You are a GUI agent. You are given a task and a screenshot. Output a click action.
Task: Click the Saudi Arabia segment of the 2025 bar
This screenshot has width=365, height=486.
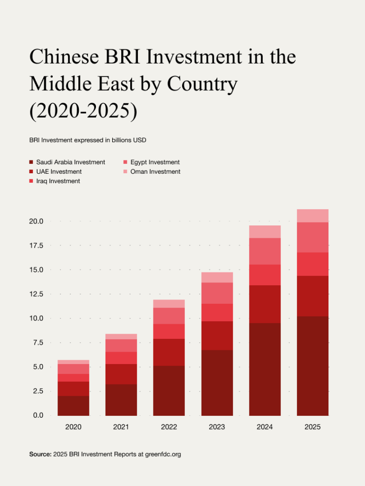click(312, 365)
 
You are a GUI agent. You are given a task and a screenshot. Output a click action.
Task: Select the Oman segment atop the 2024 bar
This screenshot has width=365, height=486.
click(265, 232)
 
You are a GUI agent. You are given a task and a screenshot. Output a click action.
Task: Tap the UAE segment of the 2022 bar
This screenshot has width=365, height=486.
click(169, 352)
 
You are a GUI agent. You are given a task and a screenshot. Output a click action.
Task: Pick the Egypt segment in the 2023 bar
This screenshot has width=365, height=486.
click(217, 293)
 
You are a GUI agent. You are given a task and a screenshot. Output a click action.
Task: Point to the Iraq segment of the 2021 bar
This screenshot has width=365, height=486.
click(121, 358)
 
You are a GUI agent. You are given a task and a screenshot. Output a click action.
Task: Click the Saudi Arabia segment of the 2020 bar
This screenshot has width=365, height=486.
click(73, 406)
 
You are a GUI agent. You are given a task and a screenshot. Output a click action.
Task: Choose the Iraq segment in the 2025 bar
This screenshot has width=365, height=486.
click(312, 264)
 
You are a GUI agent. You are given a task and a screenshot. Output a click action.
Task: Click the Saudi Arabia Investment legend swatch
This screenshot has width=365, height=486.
click(31, 162)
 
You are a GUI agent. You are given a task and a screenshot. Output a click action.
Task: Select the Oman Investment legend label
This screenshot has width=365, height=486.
click(155, 172)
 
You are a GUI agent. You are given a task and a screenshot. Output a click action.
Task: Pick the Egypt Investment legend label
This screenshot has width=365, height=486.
click(155, 162)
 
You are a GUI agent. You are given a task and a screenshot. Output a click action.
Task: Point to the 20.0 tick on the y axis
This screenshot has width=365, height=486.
click(37, 221)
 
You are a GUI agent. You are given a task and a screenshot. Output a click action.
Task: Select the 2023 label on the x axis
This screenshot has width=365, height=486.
click(217, 427)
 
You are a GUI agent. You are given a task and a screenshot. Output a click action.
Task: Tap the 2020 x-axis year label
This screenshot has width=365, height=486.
click(73, 427)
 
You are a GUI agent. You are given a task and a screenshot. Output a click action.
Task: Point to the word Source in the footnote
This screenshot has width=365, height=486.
click(40, 455)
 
